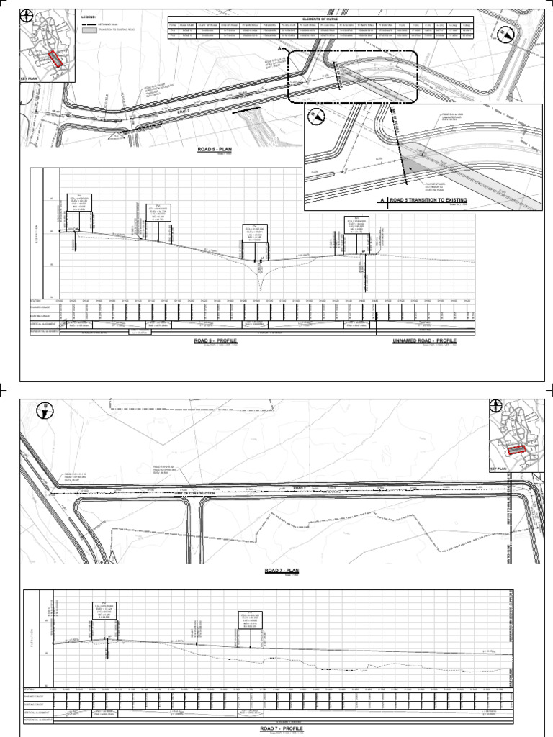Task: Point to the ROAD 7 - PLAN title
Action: (281, 570)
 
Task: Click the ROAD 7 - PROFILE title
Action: (281, 728)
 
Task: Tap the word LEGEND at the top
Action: (89, 15)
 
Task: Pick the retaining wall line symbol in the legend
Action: (89, 25)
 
